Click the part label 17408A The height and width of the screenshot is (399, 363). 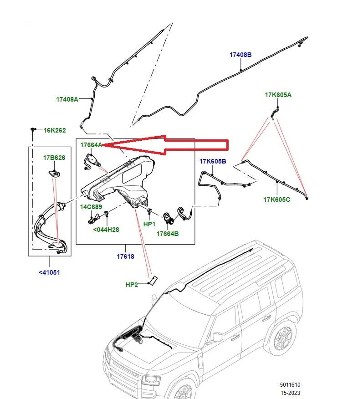(67, 99)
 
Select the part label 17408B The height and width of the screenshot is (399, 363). (240, 55)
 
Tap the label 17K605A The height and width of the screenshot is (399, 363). (278, 95)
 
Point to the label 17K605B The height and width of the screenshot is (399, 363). (213, 162)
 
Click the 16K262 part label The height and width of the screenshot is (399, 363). (55, 130)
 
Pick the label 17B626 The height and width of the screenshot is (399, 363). (54, 158)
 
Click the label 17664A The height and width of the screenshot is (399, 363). (91, 145)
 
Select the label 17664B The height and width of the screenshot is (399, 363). (168, 234)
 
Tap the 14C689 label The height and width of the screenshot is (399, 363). (91, 207)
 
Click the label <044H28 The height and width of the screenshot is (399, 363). (106, 230)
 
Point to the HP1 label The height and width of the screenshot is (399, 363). (149, 224)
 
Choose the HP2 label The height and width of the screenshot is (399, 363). (132, 285)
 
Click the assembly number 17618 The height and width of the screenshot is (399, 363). (125, 256)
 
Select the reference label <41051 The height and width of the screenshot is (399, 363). (49, 272)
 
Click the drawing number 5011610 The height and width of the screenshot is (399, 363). (290, 384)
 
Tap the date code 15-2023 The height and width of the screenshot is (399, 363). (290, 393)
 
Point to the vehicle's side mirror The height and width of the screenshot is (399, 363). (218, 337)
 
